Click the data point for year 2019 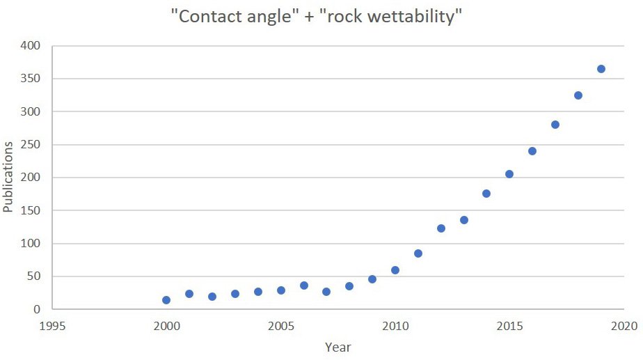tap(601, 69)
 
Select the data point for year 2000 tap(166, 300)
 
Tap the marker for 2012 tap(441, 228)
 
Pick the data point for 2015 tap(509, 174)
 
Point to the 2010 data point tap(395, 270)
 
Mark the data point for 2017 tap(555, 125)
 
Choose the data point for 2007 tap(326, 292)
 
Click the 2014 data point tap(486, 194)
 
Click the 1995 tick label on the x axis tap(51, 326)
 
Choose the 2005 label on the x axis tap(280, 326)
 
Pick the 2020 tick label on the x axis tap(624, 326)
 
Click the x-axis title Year tap(338, 346)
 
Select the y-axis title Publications tap(8, 177)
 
